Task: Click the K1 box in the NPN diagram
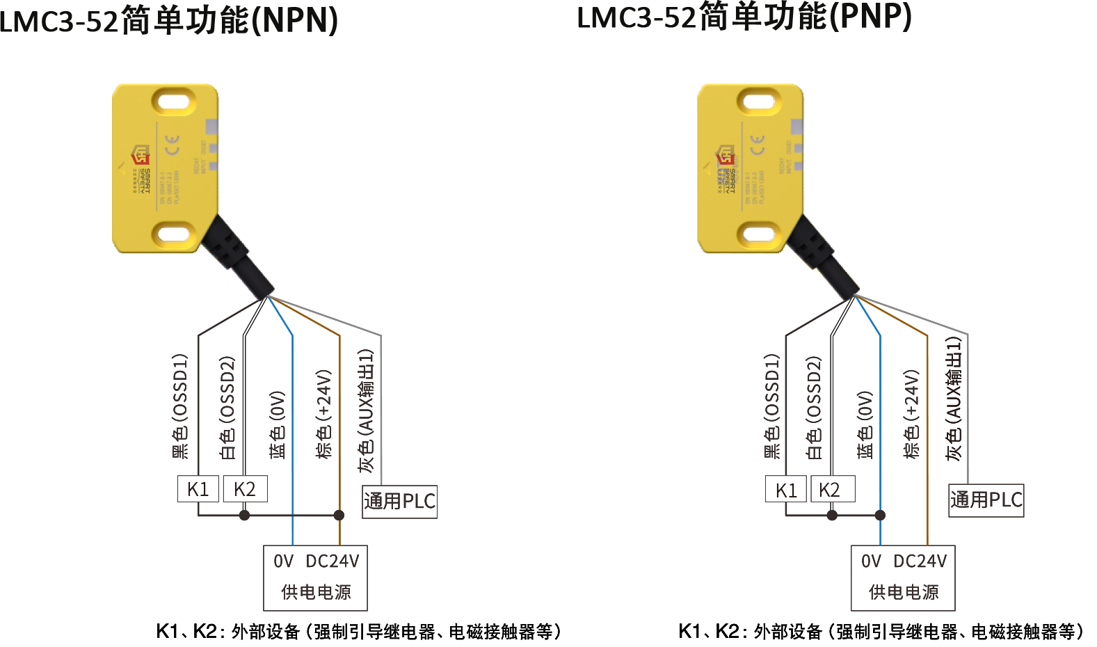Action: pos(198,489)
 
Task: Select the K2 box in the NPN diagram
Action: pos(245,489)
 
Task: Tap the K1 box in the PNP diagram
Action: pos(786,490)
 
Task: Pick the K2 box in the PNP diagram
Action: pos(832,489)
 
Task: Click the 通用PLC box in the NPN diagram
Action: pos(399,501)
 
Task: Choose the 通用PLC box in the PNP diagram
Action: pos(986,500)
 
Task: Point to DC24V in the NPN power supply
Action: pos(333,561)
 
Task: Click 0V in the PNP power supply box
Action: pos(871,561)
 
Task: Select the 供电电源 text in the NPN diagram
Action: pos(316,592)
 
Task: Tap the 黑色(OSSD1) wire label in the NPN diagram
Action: pos(180,406)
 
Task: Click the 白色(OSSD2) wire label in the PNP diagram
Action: pos(814,408)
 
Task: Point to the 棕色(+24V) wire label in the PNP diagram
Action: pos(911,414)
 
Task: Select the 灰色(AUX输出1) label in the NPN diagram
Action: pos(366,410)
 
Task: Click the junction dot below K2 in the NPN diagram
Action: pos(244,516)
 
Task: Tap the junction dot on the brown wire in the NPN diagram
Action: pos(339,516)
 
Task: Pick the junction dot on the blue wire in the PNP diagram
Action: pos(880,516)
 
